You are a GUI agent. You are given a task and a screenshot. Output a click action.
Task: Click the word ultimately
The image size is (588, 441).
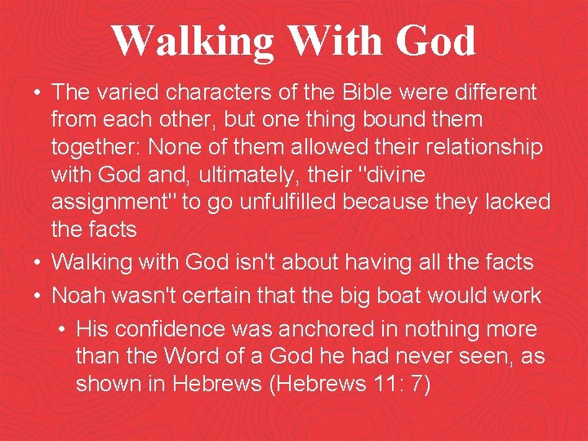point(254,175)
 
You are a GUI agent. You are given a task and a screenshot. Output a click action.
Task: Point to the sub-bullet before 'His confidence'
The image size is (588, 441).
point(63,330)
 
